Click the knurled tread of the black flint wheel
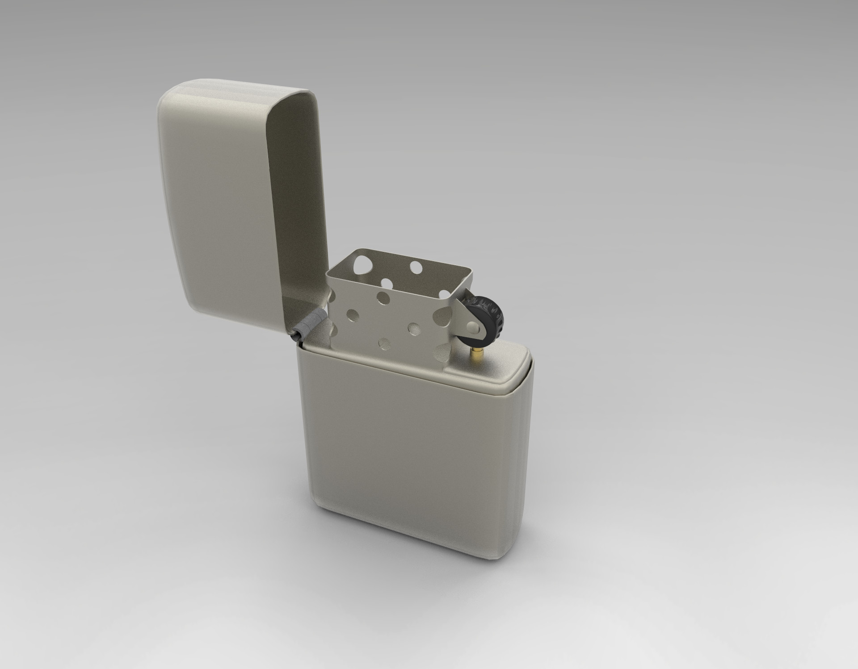coord(499,313)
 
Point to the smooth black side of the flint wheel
coord(485,324)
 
